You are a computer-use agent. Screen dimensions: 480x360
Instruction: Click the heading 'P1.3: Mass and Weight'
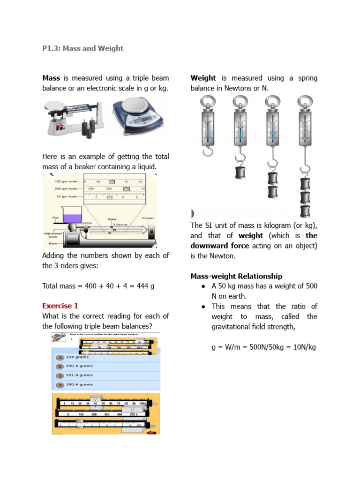pos(83,48)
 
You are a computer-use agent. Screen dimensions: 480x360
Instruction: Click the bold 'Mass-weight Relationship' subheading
pos(236,276)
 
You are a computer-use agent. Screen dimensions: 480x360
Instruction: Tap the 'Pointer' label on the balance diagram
pos(148,218)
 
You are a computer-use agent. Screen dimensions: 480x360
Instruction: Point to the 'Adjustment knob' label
pos(50,235)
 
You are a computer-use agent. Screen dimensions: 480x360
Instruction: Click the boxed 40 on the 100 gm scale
pos(112,181)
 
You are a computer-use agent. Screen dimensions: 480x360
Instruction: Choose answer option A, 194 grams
pos(60,357)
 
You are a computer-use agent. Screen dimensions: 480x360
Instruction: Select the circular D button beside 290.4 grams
pos(60,385)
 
